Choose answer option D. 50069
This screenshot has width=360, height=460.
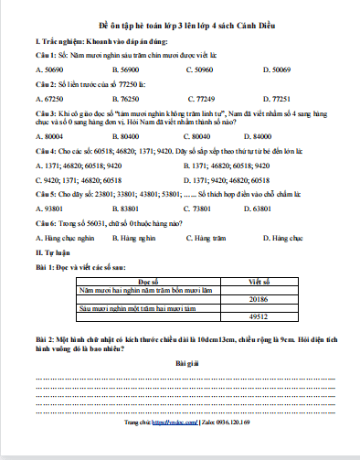pyautogui.click(x=278, y=69)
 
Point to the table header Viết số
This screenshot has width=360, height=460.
pyautogui.click(x=261, y=283)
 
